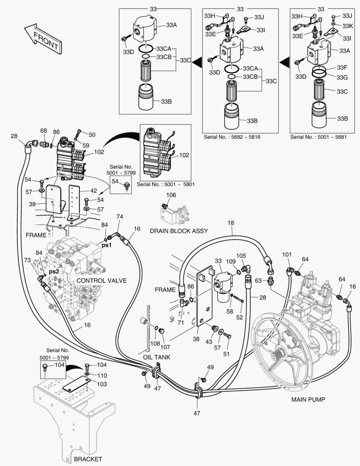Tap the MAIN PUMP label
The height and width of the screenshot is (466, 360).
point(308,400)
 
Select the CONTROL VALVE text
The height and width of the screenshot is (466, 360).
point(101,280)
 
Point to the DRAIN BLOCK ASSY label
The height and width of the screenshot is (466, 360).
point(178,231)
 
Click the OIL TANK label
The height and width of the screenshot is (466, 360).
point(157,357)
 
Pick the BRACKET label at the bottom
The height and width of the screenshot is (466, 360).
point(88,459)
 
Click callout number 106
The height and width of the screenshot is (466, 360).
point(171,195)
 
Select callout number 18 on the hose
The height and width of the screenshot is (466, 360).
point(231,223)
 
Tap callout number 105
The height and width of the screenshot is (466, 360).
point(241,255)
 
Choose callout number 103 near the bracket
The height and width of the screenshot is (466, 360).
point(101,384)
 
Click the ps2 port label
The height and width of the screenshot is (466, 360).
point(53,272)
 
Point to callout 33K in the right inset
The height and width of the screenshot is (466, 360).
point(347,25)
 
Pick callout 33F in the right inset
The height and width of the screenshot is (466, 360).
point(342,68)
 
